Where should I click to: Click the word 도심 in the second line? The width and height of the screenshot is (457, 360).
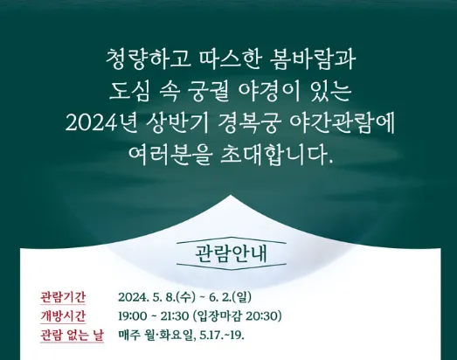131,92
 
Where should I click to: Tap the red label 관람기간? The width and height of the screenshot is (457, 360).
64,295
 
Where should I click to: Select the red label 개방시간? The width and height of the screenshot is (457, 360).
64,315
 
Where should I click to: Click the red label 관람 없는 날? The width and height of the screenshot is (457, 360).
71,336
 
